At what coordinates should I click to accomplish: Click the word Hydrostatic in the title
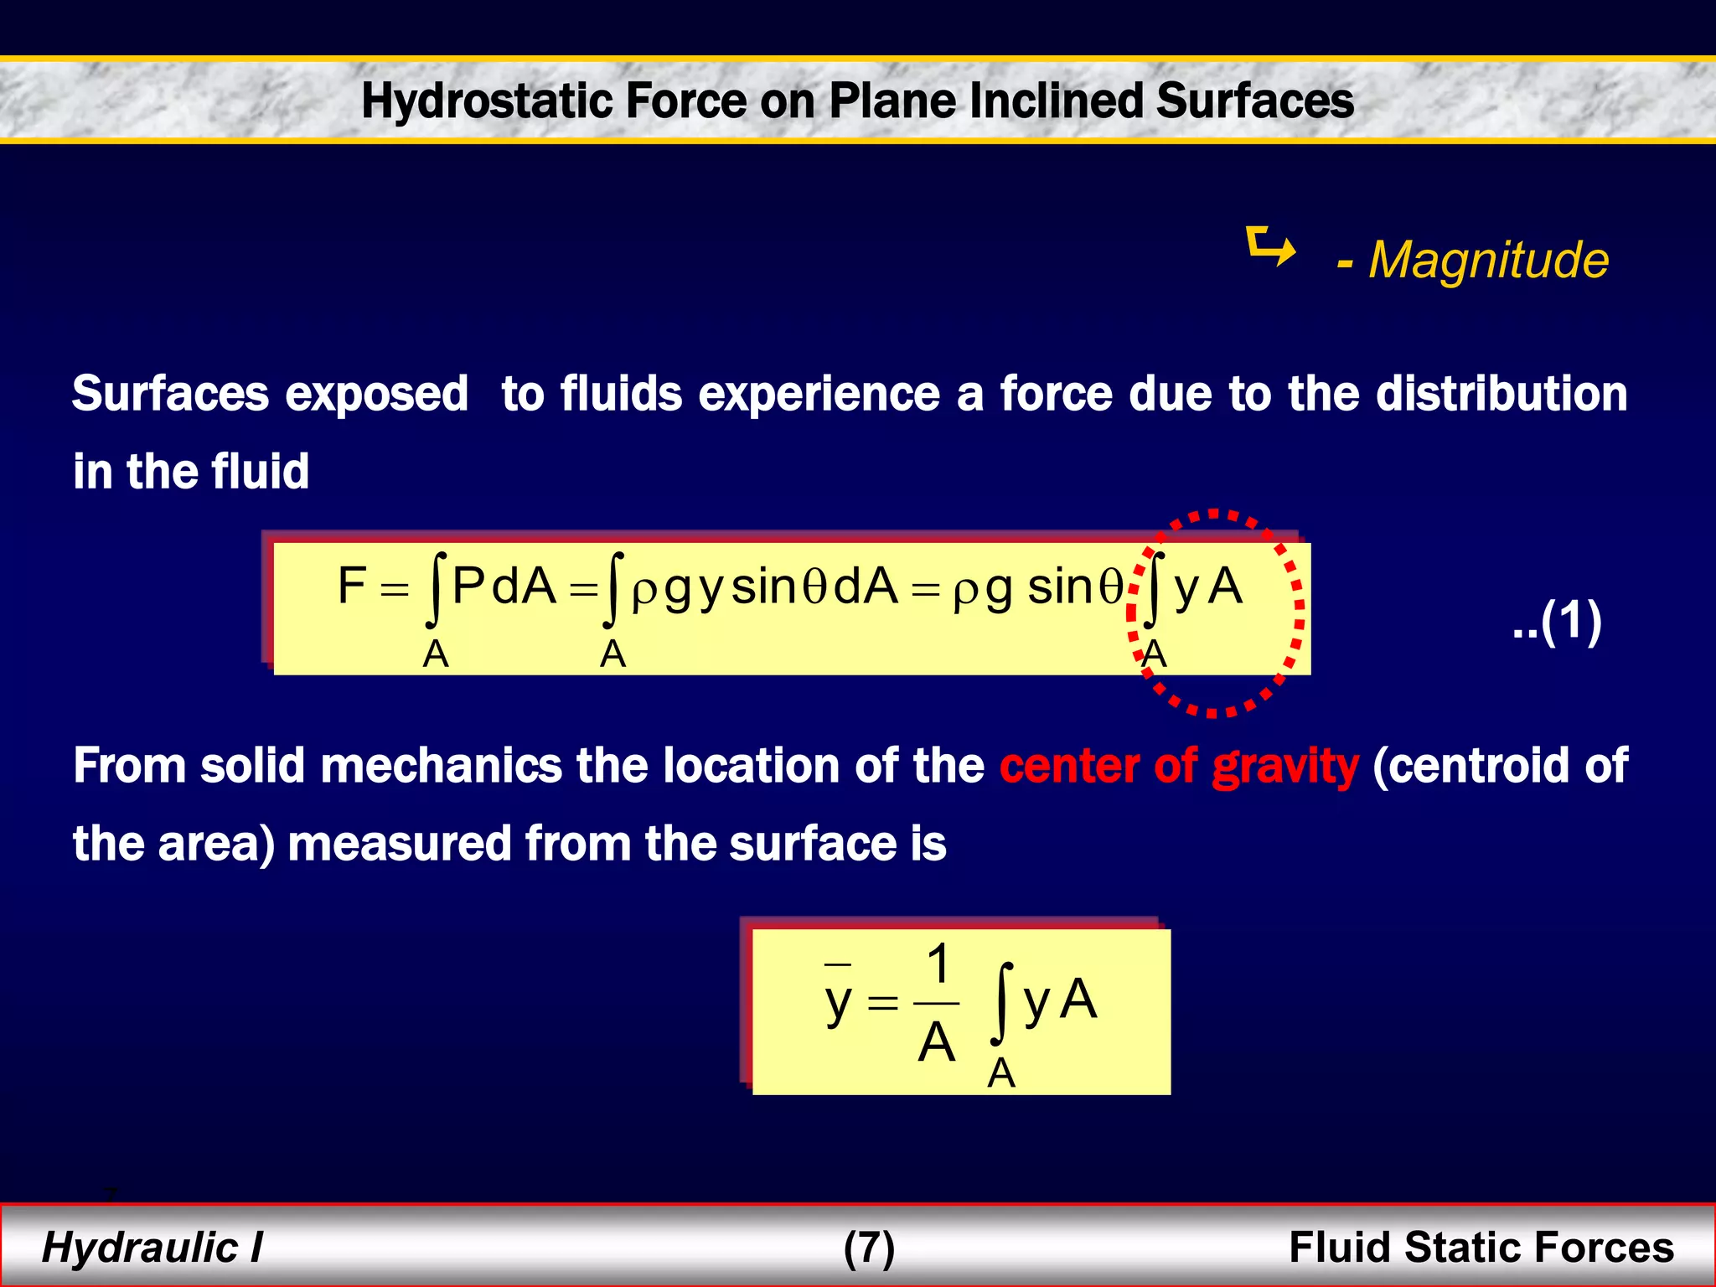click(x=487, y=101)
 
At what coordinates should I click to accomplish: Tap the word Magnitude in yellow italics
click(x=1488, y=260)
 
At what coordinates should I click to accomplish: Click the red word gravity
click(x=1284, y=767)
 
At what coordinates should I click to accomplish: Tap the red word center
click(x=1068, y=767)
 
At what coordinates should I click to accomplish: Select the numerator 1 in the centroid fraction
click(x=938, y=964)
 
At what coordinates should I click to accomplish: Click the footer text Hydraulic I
click(x=152, y=1247)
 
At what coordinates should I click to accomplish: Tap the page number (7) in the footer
click(x=869, y=1248)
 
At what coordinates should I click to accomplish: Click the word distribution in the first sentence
click(x=1501, y=394)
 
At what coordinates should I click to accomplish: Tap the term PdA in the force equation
click(x=504, y=586)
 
